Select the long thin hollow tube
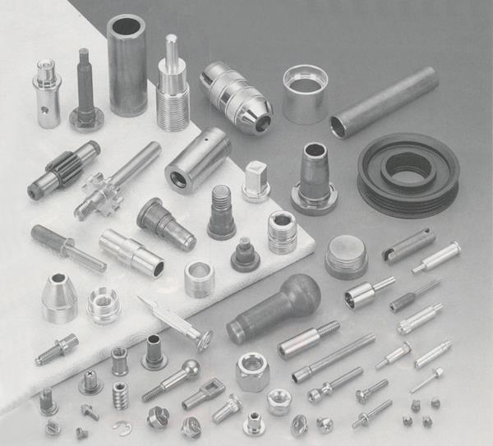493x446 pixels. tap(384, 102)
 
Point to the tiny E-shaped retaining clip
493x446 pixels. tap(125, 427)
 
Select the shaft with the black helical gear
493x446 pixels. tap(63, 171)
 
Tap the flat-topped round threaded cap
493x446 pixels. tap(346, 256)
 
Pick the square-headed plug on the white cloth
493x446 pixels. tap(256, 181)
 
